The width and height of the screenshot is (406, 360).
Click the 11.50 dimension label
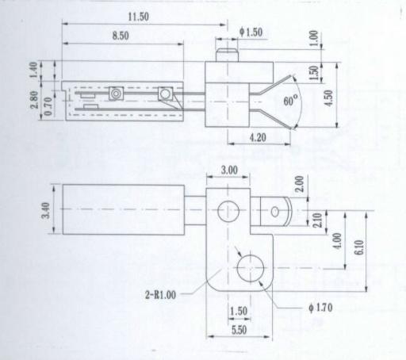pyautogui.click(x=138, y=17)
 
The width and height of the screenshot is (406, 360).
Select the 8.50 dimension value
pyautogui.click(x=121, y=36)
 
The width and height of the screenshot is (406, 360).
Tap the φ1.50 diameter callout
pyautogui.click(x=251, y=33)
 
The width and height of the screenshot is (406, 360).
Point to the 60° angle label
pyautogui.click(x=290, y=100)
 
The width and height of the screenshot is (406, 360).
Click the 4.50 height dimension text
pyautogui.click(x=329, y=98)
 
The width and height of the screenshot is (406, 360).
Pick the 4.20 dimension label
pyautogui.click(x=258, y=137)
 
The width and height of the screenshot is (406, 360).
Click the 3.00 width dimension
pyautogui.click(x=229, y=170)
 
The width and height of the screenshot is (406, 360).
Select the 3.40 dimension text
pyautogui.click(x=45, y=210)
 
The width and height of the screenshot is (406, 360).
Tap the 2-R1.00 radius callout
pyautogui.click(x=160, y=295)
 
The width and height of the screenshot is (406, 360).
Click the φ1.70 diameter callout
pyautogui.click(x=320, y=308)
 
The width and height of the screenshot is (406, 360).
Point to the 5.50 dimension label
pyautogui.click(x=239, y=330)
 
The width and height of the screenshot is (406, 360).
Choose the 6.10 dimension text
pyautogui.click(x=358, y=247)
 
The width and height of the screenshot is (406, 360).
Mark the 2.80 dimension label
pyautogui.click(x=34, y=99)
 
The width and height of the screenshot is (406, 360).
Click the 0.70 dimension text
pyautogui.click(x=48, y=106)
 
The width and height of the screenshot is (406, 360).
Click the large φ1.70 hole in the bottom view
pyautogui.click(x=251, y=268)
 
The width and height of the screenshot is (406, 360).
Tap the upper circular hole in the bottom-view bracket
pyautogui.click(x=228, y=211)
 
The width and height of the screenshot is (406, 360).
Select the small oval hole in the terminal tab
pyautogui.click(x=274, y=212)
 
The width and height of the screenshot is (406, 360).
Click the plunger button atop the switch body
pyautogui.click(x=228, y=55)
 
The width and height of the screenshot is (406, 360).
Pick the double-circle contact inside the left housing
pyautogui.click(x=116, y=94)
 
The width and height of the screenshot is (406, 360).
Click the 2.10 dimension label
pyautogui.click(x=317, y=220)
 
